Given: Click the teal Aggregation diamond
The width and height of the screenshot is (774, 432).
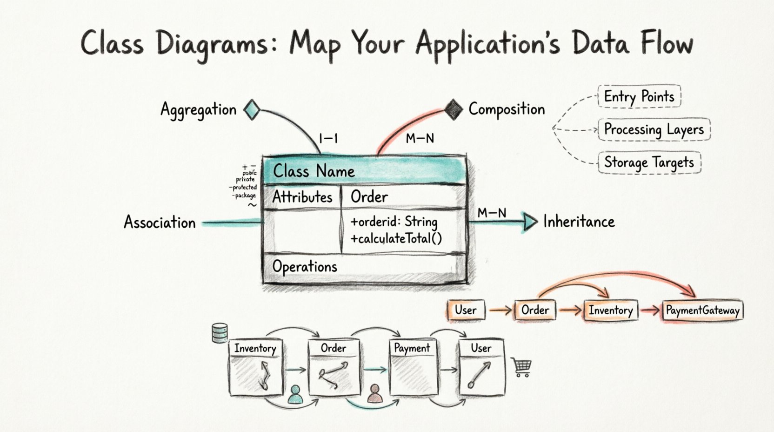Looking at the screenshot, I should pyautogui.click(x=252, y=109).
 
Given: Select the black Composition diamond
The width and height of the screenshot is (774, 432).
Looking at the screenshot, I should pyautogui.click(x=453, y=109).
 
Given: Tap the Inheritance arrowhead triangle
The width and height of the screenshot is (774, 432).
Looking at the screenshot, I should pyautogui.click(x=530, y=222).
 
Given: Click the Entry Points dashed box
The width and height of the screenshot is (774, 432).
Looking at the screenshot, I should pyautogui.click(x=639, y=96).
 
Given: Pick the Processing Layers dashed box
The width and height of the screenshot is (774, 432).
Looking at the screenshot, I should pyautogui.click(x=654, y=129).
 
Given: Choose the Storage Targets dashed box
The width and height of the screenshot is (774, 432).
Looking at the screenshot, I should pyautogui.click(x=649, y=162).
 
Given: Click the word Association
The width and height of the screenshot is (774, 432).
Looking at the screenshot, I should pyautogui.click(x=160, y=223).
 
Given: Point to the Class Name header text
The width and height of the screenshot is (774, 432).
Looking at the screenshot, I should pyautogui.click(x=314, y=171).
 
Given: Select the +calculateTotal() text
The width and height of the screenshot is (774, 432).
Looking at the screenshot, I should pyautogui.click(x=396, y=239).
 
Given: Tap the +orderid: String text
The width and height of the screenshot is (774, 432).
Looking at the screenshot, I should pyautogui.click(x=394, y=222).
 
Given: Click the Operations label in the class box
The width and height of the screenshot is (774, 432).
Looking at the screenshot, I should pyautogui.click(x=305, y=267).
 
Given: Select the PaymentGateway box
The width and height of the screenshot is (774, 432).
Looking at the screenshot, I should pyautogui.click(x=702, y=310).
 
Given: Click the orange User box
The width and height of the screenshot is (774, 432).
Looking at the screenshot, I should pyautogui.click(x=466, y=310).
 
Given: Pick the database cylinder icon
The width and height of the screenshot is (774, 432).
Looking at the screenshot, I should pyautogui.click(x=220, y=333).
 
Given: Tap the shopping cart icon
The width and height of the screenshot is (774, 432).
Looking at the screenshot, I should pyautogui.click(x=521, y=367).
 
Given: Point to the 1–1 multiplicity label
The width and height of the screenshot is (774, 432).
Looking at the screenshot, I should pyautogui.click(x=328, y=138).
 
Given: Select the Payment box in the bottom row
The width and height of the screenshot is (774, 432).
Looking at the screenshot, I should pyautogui.click(x=412, y=368).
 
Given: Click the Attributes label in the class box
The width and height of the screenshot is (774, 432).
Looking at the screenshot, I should pyautogui.click(x=302, y=197).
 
